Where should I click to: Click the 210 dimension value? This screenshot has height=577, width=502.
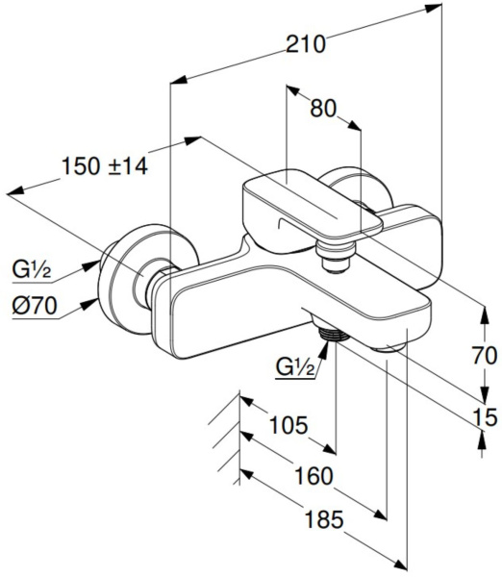point(306,44)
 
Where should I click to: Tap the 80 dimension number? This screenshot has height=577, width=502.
point(323,109)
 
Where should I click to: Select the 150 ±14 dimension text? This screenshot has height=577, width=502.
point(105,165)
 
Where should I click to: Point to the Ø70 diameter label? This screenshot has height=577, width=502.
point(35,306)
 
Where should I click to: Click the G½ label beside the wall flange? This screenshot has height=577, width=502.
point(32,270)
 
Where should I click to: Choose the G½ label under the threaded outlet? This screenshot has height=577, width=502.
point(295,367)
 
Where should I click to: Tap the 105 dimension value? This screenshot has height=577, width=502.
point(289,425)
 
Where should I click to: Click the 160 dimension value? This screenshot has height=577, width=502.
point(314,476)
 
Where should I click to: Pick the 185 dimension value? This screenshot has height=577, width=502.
point(324,520)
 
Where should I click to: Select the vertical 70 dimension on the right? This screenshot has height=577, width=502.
point(485,356)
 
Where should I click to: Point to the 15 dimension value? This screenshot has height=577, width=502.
point(485,417)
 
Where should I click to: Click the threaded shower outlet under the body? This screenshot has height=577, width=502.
point(334,334)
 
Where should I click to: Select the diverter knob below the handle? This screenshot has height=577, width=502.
point(335,257)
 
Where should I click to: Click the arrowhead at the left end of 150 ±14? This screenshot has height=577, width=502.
point(15,191)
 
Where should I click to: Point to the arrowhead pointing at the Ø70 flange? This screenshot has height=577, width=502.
point(90,304)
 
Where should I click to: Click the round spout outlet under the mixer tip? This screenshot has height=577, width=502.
point(389,348)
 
